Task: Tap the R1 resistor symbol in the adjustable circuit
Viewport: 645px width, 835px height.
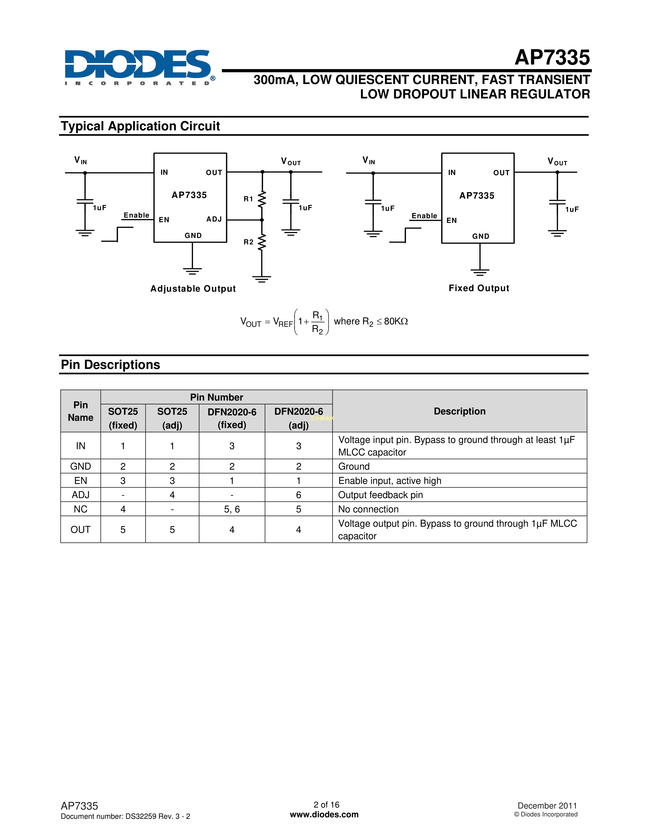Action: click(262, 199)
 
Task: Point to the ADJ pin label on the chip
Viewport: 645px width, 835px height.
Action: click(214, 219)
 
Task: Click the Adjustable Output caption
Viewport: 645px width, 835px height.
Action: click(193, 289)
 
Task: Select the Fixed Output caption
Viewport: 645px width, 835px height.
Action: click(479, 288)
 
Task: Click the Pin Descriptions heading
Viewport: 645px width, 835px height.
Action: click(111, 365)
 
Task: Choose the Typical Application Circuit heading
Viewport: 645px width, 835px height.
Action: click(140, 126)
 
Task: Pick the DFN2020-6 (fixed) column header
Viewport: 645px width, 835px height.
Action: click(232, 418)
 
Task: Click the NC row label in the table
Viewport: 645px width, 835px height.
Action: click(81, 509)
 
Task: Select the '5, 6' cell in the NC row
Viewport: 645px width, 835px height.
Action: click(232, 509)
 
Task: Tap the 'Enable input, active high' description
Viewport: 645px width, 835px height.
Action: click(390, 481)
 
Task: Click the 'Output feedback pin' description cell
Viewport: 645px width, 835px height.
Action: click(381, 495)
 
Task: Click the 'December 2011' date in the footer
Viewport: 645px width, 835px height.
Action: click(547, 806)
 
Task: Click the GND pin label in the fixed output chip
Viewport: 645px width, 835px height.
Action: click(481, 236)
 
